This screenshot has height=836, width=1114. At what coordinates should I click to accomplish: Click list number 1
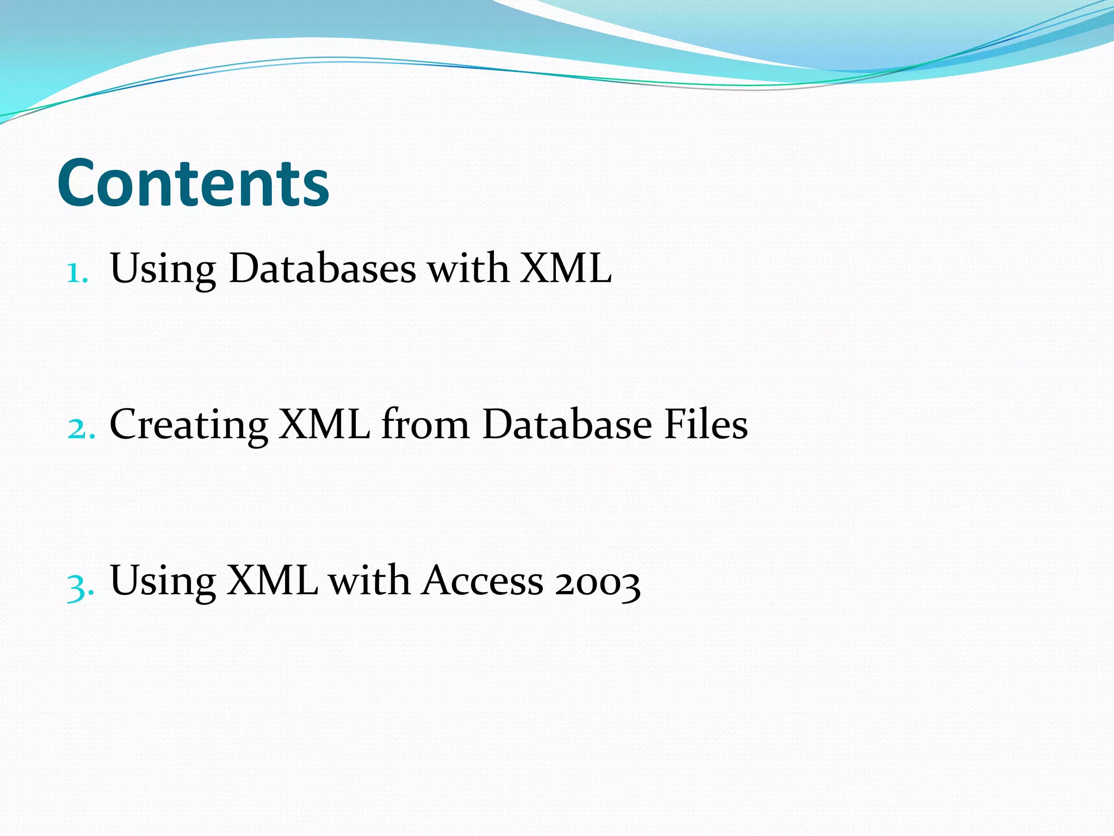pyautogui.click(x=77, y=272)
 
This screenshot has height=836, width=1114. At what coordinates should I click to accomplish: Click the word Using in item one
pyautogui.click(x=163, y=269)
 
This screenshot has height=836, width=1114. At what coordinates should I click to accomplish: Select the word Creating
pyautogui.click(x=189, y=425)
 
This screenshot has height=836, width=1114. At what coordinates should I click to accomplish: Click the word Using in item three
pyautogui.click(x=163, y=581)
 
